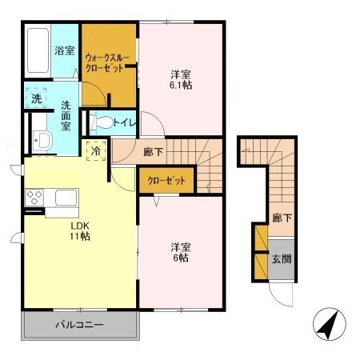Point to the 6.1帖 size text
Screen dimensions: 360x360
(x=180, y=84)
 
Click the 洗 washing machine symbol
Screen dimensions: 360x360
(x=37, y=99)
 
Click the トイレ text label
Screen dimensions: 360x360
(x=124, y=123)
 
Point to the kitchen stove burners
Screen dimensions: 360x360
(x=37, y=196)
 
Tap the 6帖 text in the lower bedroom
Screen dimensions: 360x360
(x=179, y=258)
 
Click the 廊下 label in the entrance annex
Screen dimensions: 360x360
(x=280, y=217)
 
